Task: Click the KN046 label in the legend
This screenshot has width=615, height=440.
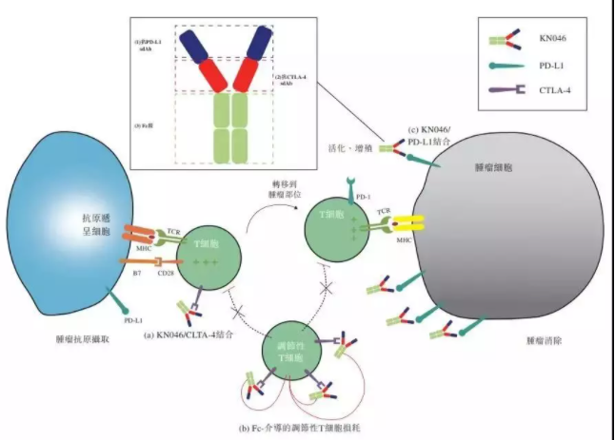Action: [546, 43]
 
